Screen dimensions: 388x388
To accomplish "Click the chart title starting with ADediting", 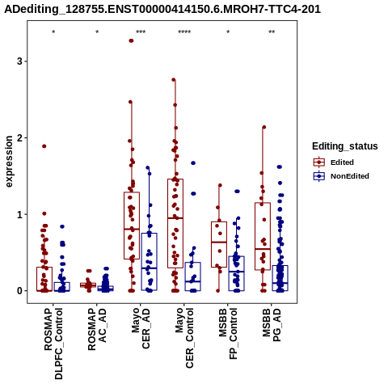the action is (162, 9).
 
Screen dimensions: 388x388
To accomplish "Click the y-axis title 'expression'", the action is (9, 162).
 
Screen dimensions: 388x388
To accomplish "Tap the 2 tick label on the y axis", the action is (19, 138).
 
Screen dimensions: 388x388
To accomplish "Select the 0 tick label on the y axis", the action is (19, 291).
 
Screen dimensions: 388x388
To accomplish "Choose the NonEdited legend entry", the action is (341, 176).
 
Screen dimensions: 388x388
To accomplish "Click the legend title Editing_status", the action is (345, 146).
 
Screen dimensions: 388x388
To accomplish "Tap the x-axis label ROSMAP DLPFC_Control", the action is (53, 344).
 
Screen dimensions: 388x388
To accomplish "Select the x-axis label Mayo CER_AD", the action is (141, 328).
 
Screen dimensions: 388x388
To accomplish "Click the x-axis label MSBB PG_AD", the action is (272, 325).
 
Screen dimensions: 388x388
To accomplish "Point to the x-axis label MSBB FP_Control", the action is (228, 334).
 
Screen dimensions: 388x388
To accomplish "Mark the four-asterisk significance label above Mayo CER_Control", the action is (184, 32).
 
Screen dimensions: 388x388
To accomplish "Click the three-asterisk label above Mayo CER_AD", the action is (141, 32).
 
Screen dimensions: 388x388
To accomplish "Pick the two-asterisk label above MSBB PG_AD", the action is (272, 32).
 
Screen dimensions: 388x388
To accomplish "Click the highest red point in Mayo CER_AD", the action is (131, 40).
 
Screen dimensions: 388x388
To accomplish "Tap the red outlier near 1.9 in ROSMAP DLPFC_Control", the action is (44, 146).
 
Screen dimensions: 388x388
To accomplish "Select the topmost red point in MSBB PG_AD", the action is (264, 127).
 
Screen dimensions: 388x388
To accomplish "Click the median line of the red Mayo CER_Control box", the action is (175, 218).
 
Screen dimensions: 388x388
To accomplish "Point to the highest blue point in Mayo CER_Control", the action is (193, 163).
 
